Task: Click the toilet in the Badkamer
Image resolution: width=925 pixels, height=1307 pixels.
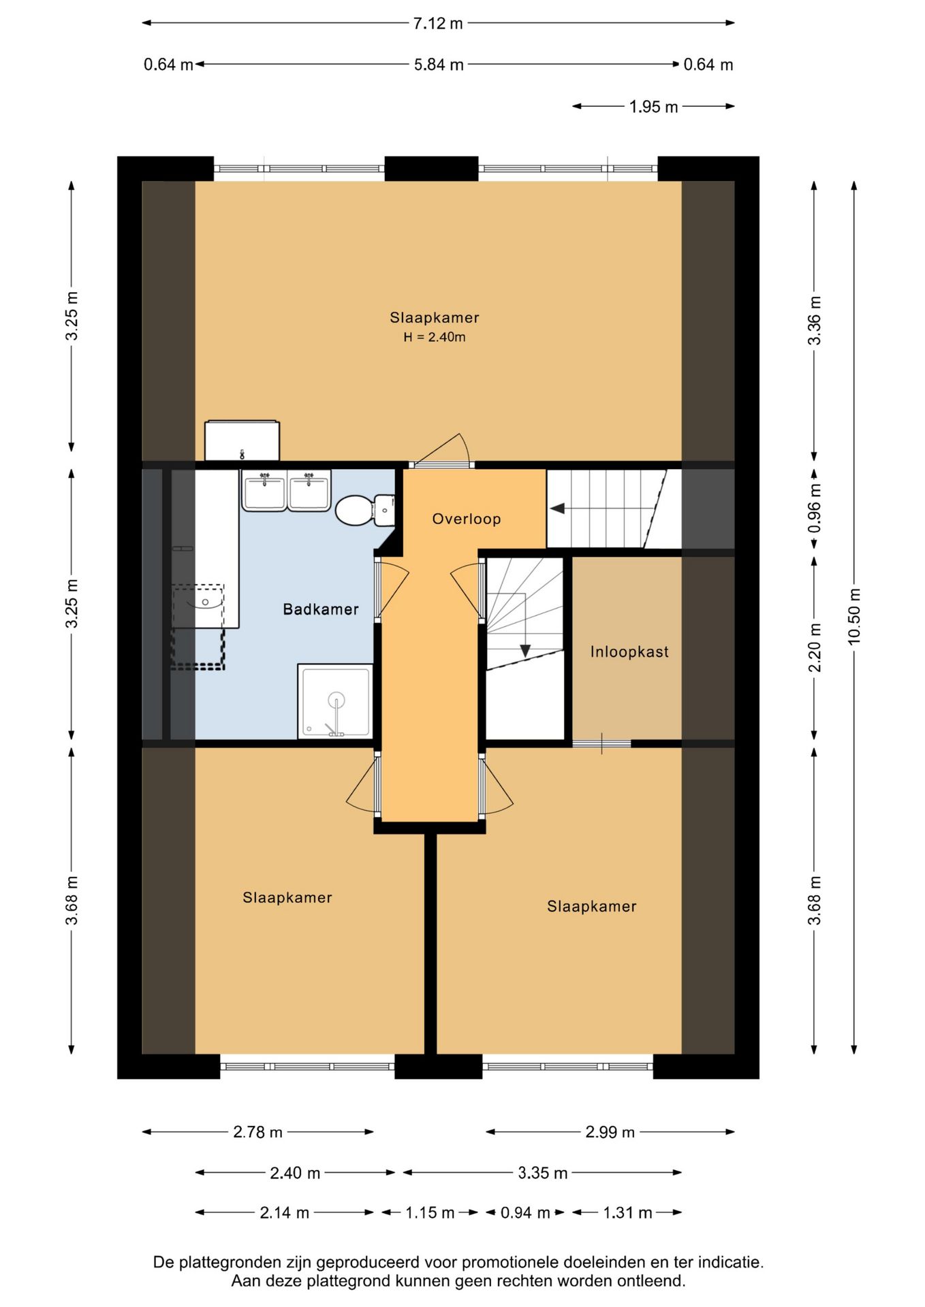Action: point(365,510)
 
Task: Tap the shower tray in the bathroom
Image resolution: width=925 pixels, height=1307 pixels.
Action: point(335,701)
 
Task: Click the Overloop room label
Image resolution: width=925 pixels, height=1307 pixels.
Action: point(467,519)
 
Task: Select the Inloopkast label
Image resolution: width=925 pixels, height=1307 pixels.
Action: point(629,652)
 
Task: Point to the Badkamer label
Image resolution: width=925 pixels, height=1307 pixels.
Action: point(321,609)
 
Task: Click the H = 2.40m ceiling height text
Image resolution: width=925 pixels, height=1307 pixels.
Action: point(435,337)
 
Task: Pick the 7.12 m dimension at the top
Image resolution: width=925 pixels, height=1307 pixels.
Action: point(438,23)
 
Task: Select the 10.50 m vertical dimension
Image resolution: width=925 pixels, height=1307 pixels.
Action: point(854,615)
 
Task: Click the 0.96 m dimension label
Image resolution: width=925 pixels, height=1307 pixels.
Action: point(814,509)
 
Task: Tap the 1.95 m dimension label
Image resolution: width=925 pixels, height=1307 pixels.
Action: point(653,107)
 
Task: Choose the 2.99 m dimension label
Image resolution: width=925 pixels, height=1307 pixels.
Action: point(610,1132)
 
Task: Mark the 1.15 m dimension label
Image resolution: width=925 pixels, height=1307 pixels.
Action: point(430,1212)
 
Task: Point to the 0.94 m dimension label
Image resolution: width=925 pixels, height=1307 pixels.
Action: point(525,1212)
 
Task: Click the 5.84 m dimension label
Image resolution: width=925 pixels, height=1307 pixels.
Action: point(439,65)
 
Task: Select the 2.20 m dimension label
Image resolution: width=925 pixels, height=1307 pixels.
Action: point(814,647)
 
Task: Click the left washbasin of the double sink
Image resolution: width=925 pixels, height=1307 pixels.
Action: point(264,490)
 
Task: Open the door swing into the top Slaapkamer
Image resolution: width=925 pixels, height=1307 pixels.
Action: point(443,450)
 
